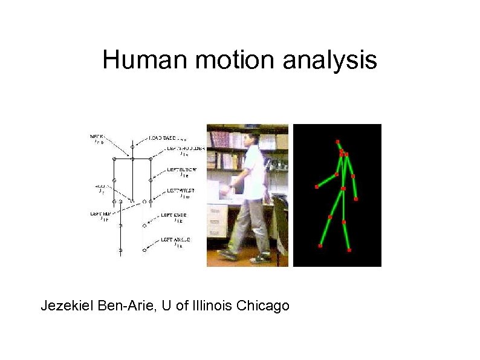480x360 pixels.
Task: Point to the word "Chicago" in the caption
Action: coord(263,306)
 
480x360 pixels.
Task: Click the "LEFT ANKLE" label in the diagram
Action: coord(175,240)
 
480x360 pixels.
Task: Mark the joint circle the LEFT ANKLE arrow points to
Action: coord(144,249)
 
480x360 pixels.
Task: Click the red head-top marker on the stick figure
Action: coord(338,142)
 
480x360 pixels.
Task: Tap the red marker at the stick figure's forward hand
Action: coord(317,187)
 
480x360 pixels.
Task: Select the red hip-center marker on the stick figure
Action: coord(343,189)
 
